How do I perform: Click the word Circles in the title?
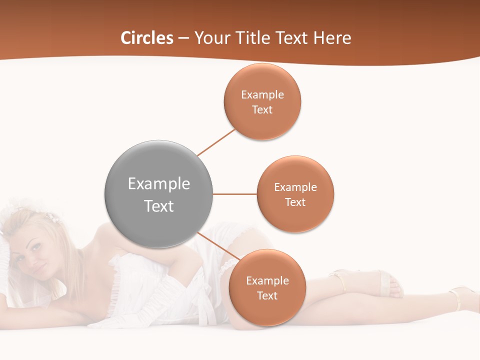pyautogui.click(x=147, y=38)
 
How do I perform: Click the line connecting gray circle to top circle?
pyautogui.click(x=216, y=142)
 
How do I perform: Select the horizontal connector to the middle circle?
pyautogui.click(x=234, y=194)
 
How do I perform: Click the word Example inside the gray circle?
pyautogui.click(x=159, y=184)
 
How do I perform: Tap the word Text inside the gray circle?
pyautogui.click(x=159, y=206)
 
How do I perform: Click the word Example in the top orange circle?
pyautogui.click(x=262, y=95)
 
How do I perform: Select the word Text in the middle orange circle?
pyautogui.click(x=295, y=202)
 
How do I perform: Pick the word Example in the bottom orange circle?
pyautogui.click(x=267, y=280)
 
